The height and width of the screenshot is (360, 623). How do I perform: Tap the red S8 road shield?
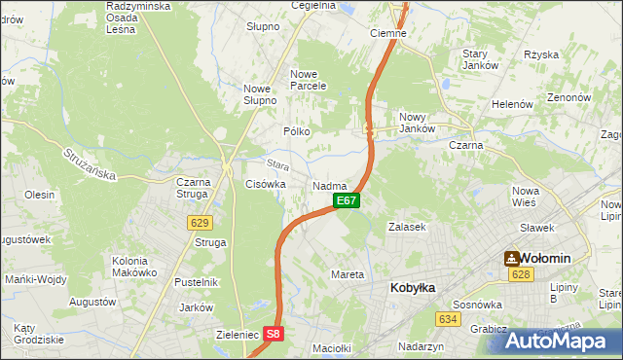(x=275, y=334)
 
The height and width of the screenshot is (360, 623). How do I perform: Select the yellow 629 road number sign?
(x=200, y=223)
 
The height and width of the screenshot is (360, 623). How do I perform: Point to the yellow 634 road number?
(x=448, y=318)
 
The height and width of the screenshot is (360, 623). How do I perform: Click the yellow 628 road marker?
(x=520, y=275)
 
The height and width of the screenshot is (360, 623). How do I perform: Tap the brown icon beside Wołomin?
(x=511, y=258)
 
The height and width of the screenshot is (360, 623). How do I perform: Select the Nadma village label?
(x=330, y=185)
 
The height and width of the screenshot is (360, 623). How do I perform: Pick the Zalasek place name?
(x=408, y=227)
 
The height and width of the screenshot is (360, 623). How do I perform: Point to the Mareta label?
(x=348, y=274)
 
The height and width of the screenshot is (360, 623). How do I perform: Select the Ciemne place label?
(x=388, y=32)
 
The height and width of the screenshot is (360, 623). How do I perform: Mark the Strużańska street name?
(x=90, y=162)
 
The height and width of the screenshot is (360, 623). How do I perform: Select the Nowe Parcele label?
(x=307, y=79)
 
